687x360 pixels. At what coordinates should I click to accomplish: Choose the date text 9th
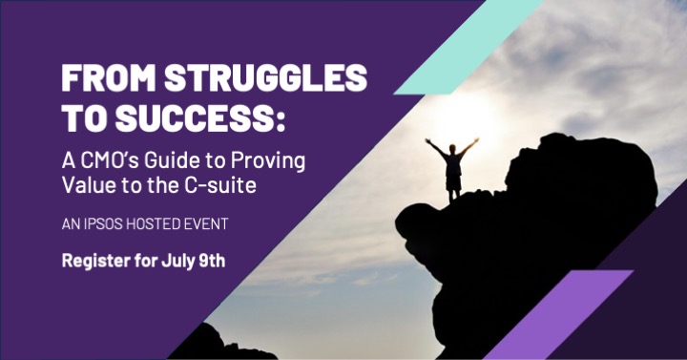211,262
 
